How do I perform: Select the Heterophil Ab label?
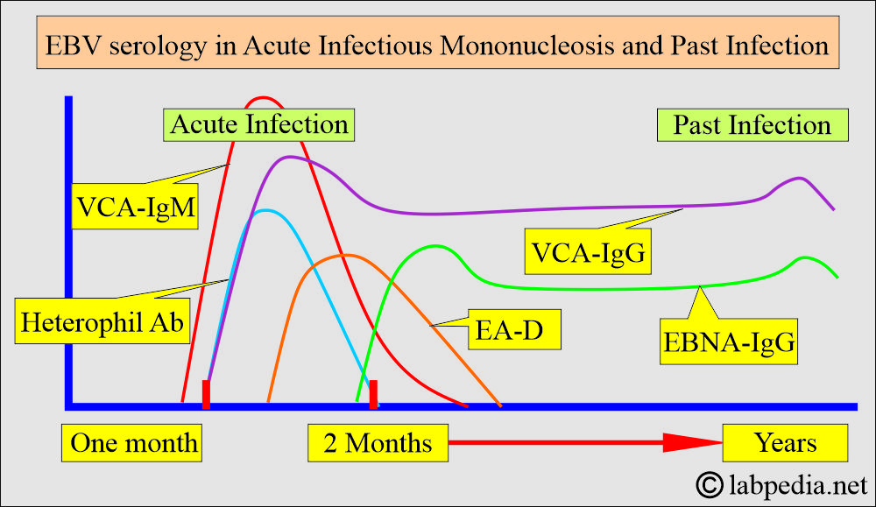102,321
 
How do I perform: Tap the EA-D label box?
514,332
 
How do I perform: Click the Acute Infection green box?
259,124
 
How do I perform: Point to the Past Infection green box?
752,124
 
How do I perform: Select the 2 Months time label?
378,442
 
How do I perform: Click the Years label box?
786,442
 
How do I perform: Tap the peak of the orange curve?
347,255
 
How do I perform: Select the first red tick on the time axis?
206,394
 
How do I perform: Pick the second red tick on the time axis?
373,394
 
